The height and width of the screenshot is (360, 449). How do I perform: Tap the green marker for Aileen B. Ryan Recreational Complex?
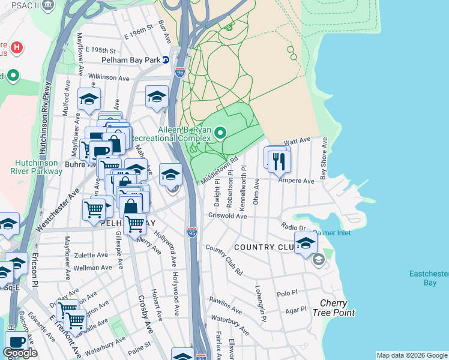click(220, 133)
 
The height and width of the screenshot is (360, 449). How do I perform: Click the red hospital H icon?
click(17, 46)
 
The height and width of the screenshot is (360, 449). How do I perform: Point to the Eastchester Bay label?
click(429, 278)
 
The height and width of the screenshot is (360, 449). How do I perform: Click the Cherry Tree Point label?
click(337, 308)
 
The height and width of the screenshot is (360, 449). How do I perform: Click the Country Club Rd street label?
click(223, 259)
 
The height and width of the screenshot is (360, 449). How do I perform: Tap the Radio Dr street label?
click(294, 226)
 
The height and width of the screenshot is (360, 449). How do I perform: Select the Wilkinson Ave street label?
click(109, 78)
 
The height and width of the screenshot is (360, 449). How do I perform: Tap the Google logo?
click(20, 353)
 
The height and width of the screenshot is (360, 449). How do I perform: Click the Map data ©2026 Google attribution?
click(411, 355)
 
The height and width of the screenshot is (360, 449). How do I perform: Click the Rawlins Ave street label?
click(225, 306)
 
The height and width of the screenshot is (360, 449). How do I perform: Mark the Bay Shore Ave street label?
click(324, 159)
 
